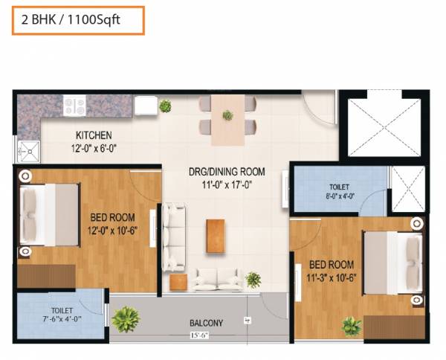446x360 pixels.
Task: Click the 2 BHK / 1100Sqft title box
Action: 77,20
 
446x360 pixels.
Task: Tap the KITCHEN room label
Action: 93,135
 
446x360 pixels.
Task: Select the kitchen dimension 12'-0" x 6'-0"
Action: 93,147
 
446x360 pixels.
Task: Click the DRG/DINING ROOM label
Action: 226,172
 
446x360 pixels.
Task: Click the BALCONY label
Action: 205,323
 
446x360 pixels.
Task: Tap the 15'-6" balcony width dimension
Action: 198,335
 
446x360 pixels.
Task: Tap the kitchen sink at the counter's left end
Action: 28,151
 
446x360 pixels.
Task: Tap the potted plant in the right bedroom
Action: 351,325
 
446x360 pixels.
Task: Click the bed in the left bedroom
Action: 49,216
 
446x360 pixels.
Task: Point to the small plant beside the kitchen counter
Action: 165,106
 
